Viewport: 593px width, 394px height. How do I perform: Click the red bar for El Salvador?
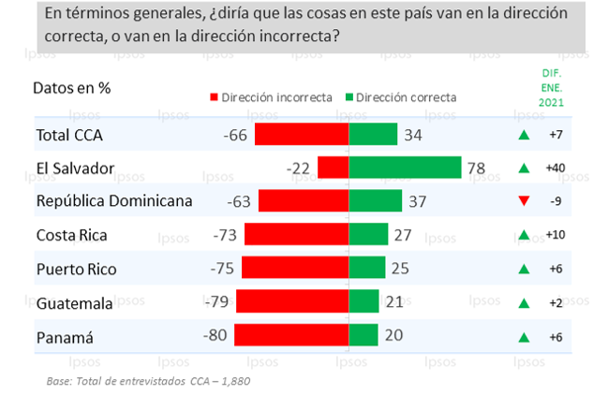pyautogui.click(x=333, y=168)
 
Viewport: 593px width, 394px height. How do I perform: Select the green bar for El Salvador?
pyautogui.click(x=405, y=168)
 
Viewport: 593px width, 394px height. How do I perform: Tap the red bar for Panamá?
pyautogui.click(x=291, y=335)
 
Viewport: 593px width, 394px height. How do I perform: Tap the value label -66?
pyautogui.click(x=235, y=135)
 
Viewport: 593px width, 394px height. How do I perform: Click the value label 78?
pyautogui.click(x=478, y=168)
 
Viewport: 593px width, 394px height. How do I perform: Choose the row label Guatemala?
pyautogui.click(x=74, y=302)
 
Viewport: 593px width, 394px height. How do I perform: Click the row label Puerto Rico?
pyautogui.click(x=76, y=269)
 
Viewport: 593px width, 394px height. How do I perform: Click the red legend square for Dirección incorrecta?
pyautogui.click(x=214, y=97)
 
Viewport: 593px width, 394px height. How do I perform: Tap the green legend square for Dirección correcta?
pyautogui.click(x=349, y=97)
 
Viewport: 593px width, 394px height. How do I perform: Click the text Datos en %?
pyautogui.click(x=72, y=88)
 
